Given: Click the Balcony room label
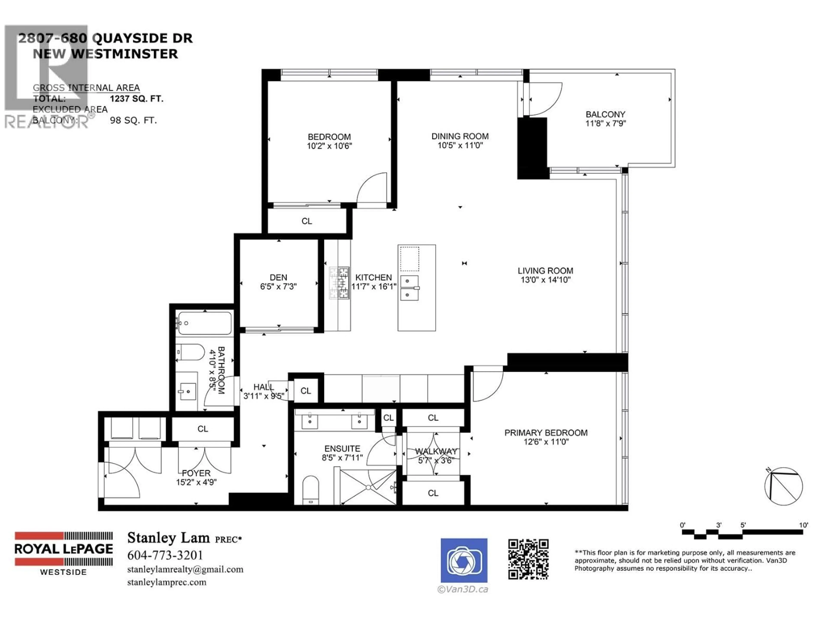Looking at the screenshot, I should [605, 114].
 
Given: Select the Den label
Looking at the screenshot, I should [278, 277].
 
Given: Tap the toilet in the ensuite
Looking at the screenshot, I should [310, 490].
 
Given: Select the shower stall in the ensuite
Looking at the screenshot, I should [368, 487].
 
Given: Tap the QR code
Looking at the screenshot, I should [528, 559].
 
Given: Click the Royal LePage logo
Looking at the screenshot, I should [63, 553].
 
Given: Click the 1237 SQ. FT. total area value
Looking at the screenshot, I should [136, 99].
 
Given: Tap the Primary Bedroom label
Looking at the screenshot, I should [546, 433].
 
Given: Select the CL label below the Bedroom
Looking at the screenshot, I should [307, 221].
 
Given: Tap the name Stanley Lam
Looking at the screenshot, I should [168, 538].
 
